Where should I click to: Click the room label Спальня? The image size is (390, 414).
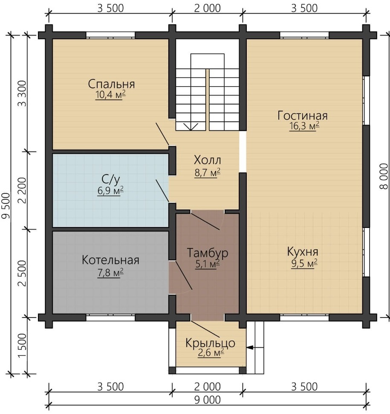tap(111, 84)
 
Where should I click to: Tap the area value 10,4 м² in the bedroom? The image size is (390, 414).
tap(110, 95)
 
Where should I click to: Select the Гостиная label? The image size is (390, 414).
tap(303, 116)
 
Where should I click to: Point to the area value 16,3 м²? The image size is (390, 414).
tap(304, 126)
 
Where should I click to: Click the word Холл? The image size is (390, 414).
tap(208, 160)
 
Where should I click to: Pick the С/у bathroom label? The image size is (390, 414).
tap(111, 180)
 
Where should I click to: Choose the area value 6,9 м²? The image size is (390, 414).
tap(110, 191)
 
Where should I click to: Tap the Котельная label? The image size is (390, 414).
tap(110, 260)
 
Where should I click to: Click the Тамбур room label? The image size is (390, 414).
tap(208, 253)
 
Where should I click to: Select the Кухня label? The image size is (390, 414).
tap(303, 252)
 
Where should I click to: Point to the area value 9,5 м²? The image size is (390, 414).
tap(304, 263)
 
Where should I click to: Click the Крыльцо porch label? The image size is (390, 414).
tap(210, 343)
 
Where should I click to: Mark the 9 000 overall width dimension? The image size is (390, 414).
tap(208, 400)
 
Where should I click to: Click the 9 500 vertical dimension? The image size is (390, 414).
tap(6, 206)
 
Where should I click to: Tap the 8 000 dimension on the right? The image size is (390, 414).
tap(384, 176)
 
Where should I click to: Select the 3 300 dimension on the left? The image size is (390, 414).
tap(23, 93)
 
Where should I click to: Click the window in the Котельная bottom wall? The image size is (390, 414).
tap(110, 318)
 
